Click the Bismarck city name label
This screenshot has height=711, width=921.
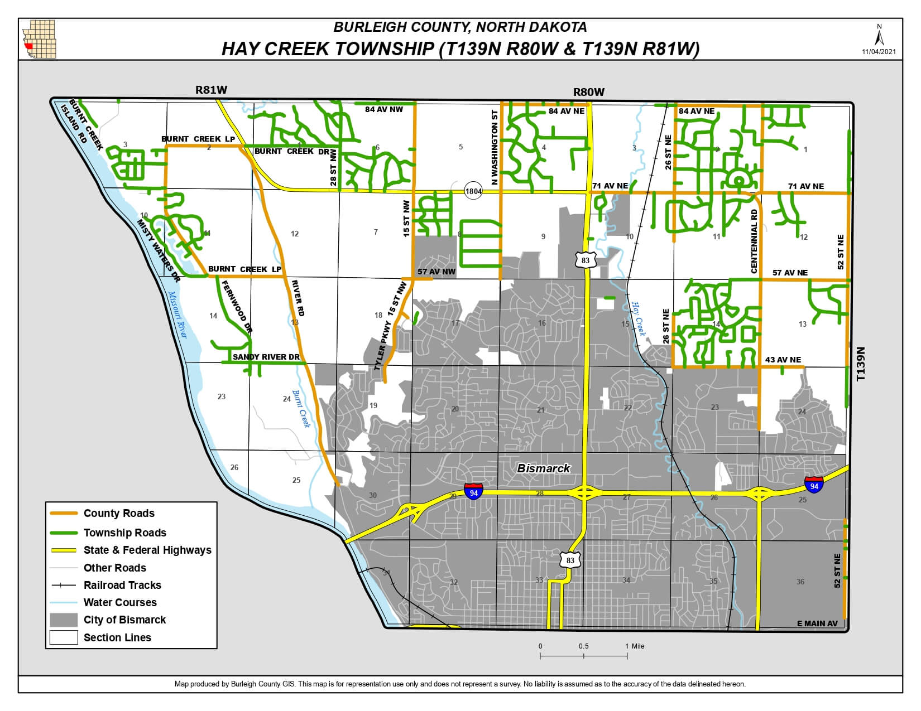pyautogui.click(x=543, y=468)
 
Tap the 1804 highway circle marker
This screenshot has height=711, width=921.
pyautogui.click(x=473, y=191)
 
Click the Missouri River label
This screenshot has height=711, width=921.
pyautogui.click(x=179, y=315)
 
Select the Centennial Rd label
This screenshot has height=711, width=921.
pyautogui.click(x=754, y=241)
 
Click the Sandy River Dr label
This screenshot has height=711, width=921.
pyautogui.click(x=266, y=357)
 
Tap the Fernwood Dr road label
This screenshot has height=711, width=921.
pyautogui.click(x=237, y=307)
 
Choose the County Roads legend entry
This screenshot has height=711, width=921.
pyautogui.click(x=119, y=514)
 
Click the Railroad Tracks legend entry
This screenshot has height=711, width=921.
pyautogui.click(x=122, y=585)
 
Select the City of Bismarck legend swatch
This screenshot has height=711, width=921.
pyautogui.click(x=63, y=620)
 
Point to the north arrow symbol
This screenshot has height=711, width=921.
pyautogui.click(x=879, y=37)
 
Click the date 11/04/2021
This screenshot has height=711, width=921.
pyautogui.click(x=879, y=51)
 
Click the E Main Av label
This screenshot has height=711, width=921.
pyautogui.click(x=817, y=623)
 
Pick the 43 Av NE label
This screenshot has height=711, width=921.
pyautogui.click(x=783, y=360)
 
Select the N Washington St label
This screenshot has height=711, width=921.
pyautogui.click(x=494, y=147)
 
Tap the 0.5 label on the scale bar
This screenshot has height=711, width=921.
pyautogui.click(x=583, y=646)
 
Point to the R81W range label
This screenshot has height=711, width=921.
pyautogui.click(x=212, y=89)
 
